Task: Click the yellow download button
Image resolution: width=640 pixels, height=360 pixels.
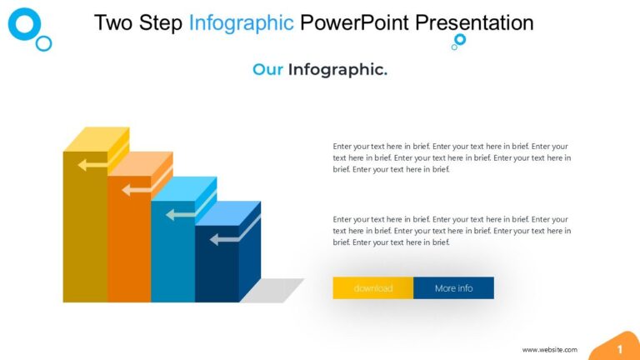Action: pos(372,288)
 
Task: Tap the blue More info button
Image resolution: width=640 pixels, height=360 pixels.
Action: pos(453,288)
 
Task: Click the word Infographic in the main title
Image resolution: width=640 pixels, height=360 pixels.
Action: pos(241,22)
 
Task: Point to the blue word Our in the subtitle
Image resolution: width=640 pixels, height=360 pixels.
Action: pos(267,70)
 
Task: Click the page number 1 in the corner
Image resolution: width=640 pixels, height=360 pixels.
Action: pos(619,348)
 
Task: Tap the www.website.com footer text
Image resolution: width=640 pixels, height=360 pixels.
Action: pos(549,350)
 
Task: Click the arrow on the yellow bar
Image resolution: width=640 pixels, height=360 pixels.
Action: pos(92,165)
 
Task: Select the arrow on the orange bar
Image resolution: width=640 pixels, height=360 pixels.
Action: pos(137,190)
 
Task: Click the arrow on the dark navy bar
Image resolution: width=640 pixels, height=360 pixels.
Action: pos(224,240)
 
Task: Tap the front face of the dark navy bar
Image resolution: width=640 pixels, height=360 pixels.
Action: pos(217,271)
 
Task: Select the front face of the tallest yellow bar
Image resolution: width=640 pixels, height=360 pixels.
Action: pos(85,233)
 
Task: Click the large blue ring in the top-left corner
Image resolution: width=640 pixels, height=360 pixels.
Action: pos(24,24)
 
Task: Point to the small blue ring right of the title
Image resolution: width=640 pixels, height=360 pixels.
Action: pos(460,39)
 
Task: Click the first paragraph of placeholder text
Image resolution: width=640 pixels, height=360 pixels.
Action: pos(451,157)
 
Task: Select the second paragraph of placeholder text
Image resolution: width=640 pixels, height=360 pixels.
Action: pos(451,231)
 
